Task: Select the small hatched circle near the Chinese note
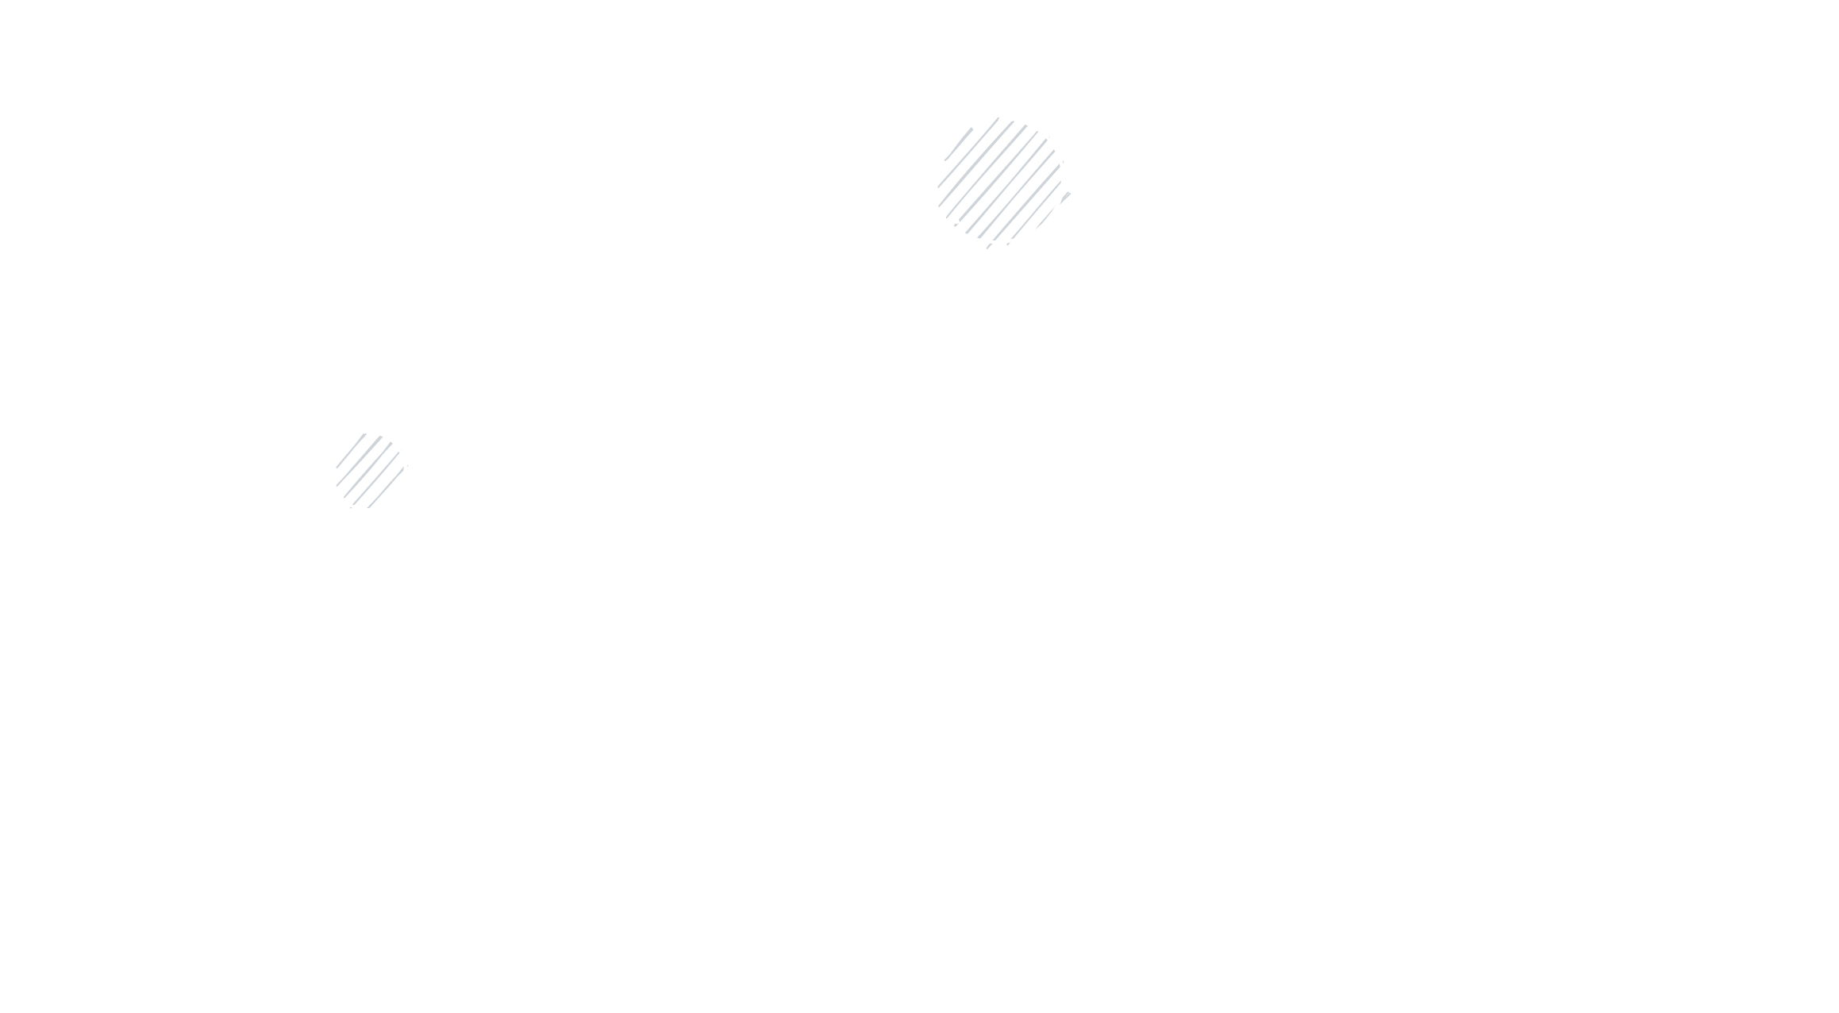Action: [x=367, y=472]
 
